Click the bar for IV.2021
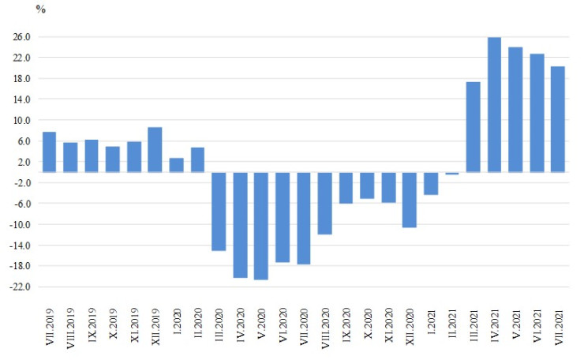coord(494,104)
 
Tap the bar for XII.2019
coord(155,149)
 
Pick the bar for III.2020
coord(219,211)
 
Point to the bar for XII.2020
coord(410,200)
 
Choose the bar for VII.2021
coord(558,119)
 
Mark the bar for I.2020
coord(177,165)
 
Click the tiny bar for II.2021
coord(452,173)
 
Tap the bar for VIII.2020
coord(325,203)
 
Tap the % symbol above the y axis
coord(41,9)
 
